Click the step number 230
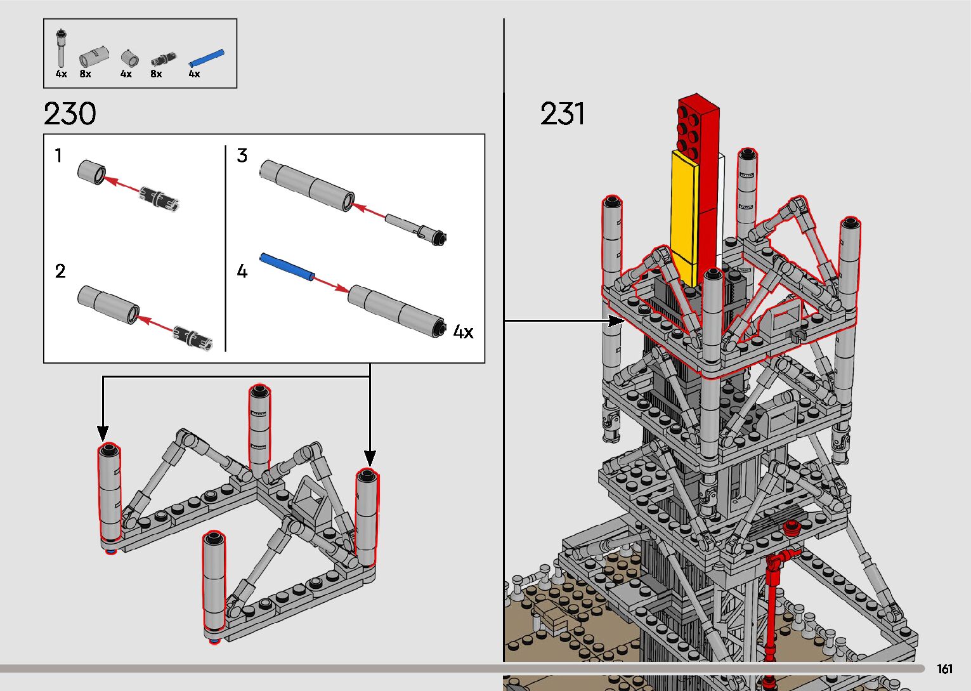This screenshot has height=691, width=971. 70,114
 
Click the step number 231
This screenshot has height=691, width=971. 562,114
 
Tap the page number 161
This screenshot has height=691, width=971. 944,669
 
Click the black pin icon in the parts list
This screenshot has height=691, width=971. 164,60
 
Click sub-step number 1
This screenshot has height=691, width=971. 58,155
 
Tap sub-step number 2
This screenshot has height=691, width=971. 60,271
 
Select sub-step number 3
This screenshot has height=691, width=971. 242,155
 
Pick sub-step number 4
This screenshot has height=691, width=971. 242,271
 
